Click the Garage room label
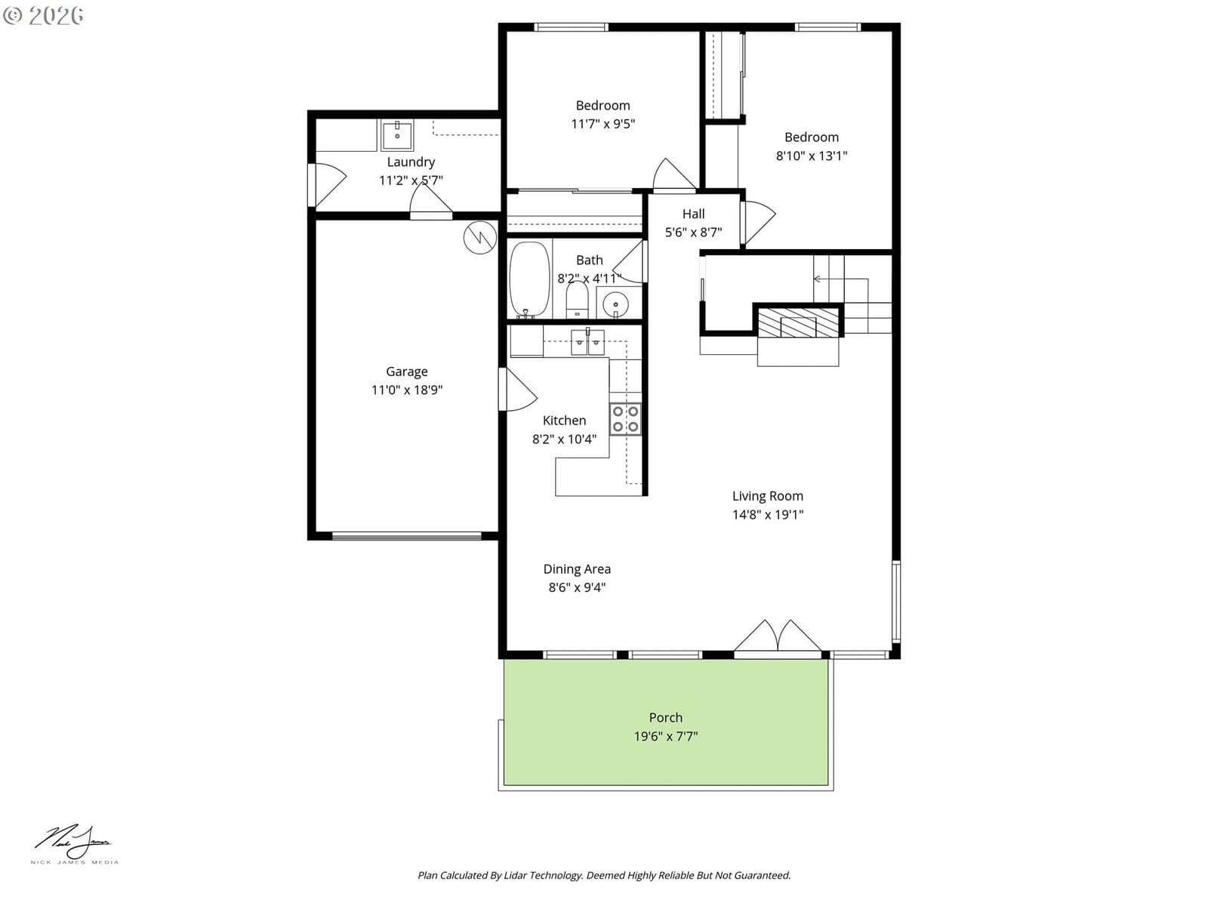tap(407, 371)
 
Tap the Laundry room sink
tap(396, 135)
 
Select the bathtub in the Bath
tap(529, 279)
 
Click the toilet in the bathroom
tap(577, 299)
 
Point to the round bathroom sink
tap(615, 303)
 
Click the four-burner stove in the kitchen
tap(625, 419)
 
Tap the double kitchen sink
tap(587, 342)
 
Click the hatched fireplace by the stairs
tap(798, 323)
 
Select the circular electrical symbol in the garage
tap(480, 238)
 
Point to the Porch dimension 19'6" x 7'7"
tap(665, 736)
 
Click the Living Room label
tap(767, 495)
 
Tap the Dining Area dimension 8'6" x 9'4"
tap(577, 587)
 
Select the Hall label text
tap(693, 214)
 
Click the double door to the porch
tap(777, 639)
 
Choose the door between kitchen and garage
tap(517, 390)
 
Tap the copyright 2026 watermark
tap(43, 15)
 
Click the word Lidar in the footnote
tap(516, 875)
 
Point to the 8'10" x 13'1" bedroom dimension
tap(811, 156)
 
